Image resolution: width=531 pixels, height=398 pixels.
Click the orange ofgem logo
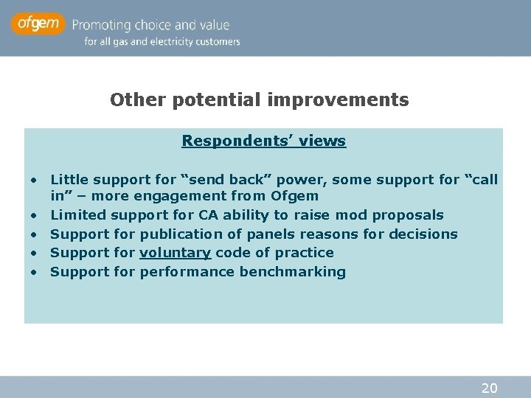(37, 24)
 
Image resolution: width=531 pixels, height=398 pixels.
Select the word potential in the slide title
(198, 99)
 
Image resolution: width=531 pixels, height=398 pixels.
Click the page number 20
(489, 388)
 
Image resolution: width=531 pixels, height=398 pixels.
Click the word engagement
(185, 196)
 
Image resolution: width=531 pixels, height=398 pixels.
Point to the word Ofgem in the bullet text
(294, 196)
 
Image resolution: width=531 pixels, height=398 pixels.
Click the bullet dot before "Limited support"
(34, 216)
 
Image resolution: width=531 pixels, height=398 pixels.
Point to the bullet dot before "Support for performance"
(34, 273)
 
